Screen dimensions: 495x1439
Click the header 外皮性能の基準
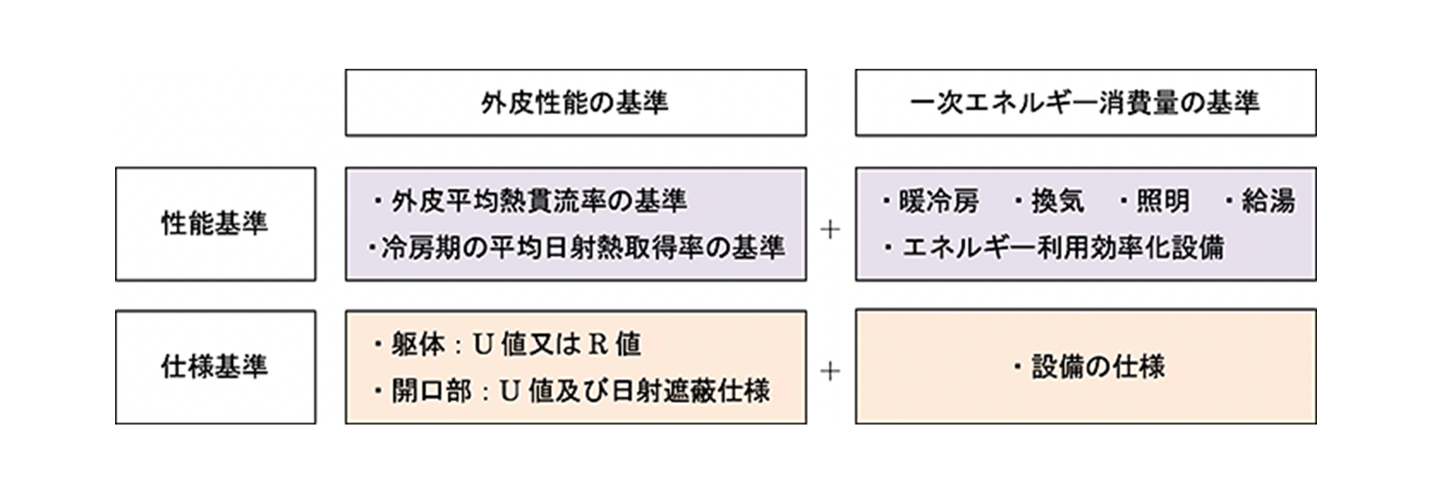tap(574, 103)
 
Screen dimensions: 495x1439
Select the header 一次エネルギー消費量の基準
tap(1084, 103)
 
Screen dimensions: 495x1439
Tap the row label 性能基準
tap(215, 223)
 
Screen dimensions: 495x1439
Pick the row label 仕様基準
tap(215, 367)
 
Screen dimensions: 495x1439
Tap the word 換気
tap(1057, 201)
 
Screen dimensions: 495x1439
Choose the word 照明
tap(1163, 201)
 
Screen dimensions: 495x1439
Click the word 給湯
tap(1268, 201)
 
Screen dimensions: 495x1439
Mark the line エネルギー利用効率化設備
tap(1063, 248)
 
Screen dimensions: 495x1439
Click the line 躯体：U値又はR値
tap(516, 345)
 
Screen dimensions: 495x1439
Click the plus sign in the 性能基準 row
tap(830, 229)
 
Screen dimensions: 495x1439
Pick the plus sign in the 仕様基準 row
tap(830, 371)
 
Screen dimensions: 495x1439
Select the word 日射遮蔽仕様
tap(698, 392)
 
